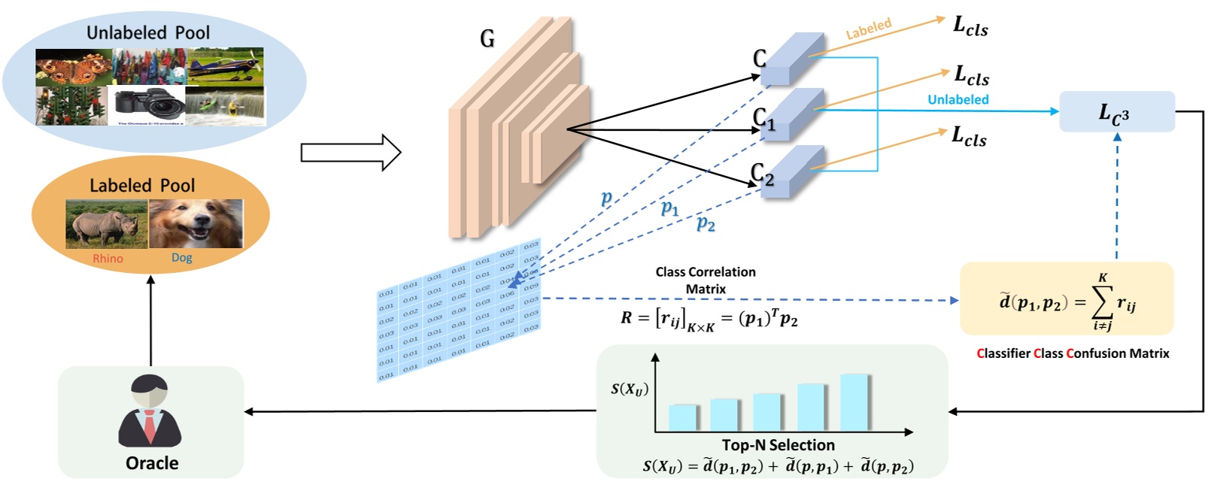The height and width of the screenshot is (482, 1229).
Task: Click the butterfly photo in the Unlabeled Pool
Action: (73, 67)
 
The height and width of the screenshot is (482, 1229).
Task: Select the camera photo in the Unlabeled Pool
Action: (147, 105)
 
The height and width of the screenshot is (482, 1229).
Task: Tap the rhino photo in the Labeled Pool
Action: (106, 224)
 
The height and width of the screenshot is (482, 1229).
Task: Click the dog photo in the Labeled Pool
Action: (196, 224)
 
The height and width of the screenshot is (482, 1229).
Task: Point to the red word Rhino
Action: (108, 259)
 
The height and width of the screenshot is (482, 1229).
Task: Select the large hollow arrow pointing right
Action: (350, 153)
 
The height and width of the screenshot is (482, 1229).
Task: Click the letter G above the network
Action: (487, 38)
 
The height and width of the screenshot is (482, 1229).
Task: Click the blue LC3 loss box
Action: (1116, 112)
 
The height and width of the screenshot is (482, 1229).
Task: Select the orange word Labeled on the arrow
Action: (868, 29)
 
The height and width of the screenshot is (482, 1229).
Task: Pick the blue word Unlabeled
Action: (957, 99)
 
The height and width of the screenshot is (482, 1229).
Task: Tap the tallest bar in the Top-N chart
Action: (854, 402)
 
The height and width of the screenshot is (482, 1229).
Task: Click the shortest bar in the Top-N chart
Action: (682, 417)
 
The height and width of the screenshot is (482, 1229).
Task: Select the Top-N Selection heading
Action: (778, 445)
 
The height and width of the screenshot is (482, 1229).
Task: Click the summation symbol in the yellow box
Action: (1102, 302)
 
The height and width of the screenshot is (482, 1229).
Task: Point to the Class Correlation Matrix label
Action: (705, 280)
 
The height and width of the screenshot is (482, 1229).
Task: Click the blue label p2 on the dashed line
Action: (706, 223)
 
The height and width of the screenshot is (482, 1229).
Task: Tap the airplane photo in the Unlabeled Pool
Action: (224, 66)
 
